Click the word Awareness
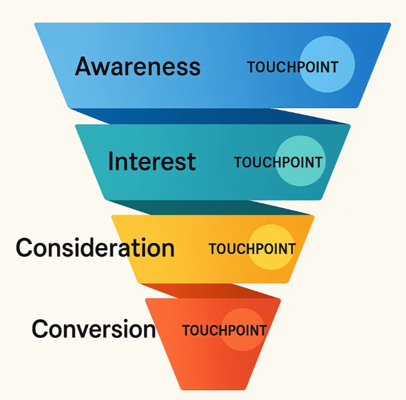coord(138,66)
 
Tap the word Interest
coord(152,161)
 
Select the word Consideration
coord(95,247)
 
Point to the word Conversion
coord(94,329)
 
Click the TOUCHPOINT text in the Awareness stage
coord(293,67)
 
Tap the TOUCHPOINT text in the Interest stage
coord(278,162)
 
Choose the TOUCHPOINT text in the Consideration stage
coord(252,249)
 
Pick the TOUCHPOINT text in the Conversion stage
coord(225,330)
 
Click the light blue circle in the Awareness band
coord(327,64)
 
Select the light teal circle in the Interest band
coord(301,161)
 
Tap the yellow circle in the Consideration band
coord(272,247)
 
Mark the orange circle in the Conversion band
coord(242,329)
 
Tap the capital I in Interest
coord(111,161)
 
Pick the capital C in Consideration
coord(25,247)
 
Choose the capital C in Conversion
coord(40,329)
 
